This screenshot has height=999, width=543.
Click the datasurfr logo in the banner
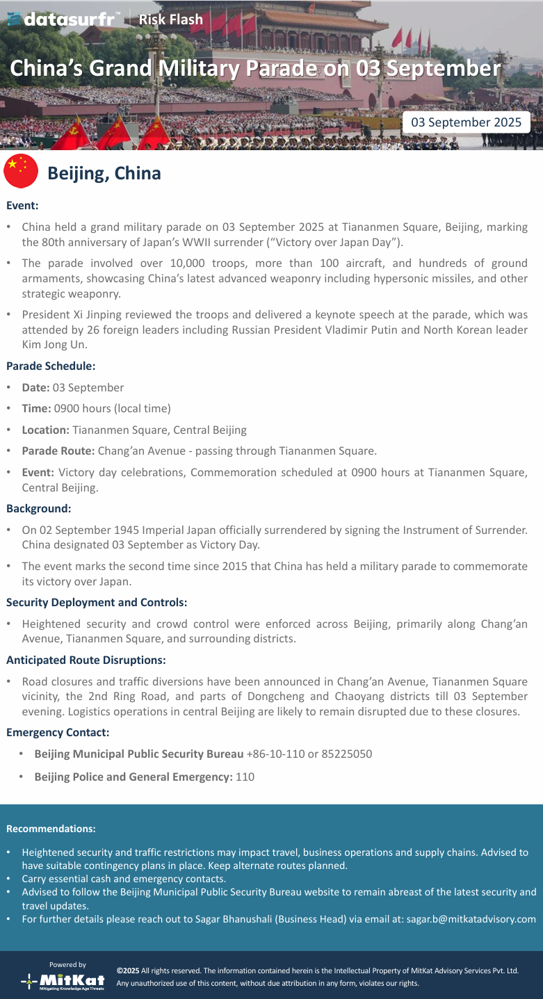pos(63,19)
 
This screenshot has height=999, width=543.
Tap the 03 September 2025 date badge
pos(466,122)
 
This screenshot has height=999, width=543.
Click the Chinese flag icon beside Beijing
pos(21,171)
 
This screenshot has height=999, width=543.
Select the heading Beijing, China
pos(104,173)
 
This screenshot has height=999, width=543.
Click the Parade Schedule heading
pos(51,365)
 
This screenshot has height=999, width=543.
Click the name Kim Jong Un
pos(47,345)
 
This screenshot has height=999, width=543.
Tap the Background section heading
pos(38,508)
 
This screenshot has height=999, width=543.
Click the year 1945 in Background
pos(131,530)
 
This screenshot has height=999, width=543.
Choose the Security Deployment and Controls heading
pos(97,602)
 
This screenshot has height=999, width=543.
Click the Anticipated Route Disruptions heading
pos(86,660)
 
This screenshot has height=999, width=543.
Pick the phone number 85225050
pos(346,754)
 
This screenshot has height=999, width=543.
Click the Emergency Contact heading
pos(58,732)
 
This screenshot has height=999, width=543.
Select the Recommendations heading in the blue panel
pos(51,829)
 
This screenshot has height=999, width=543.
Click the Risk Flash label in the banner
pos(170,19)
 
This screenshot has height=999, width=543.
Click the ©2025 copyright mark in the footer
pos(128,970)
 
